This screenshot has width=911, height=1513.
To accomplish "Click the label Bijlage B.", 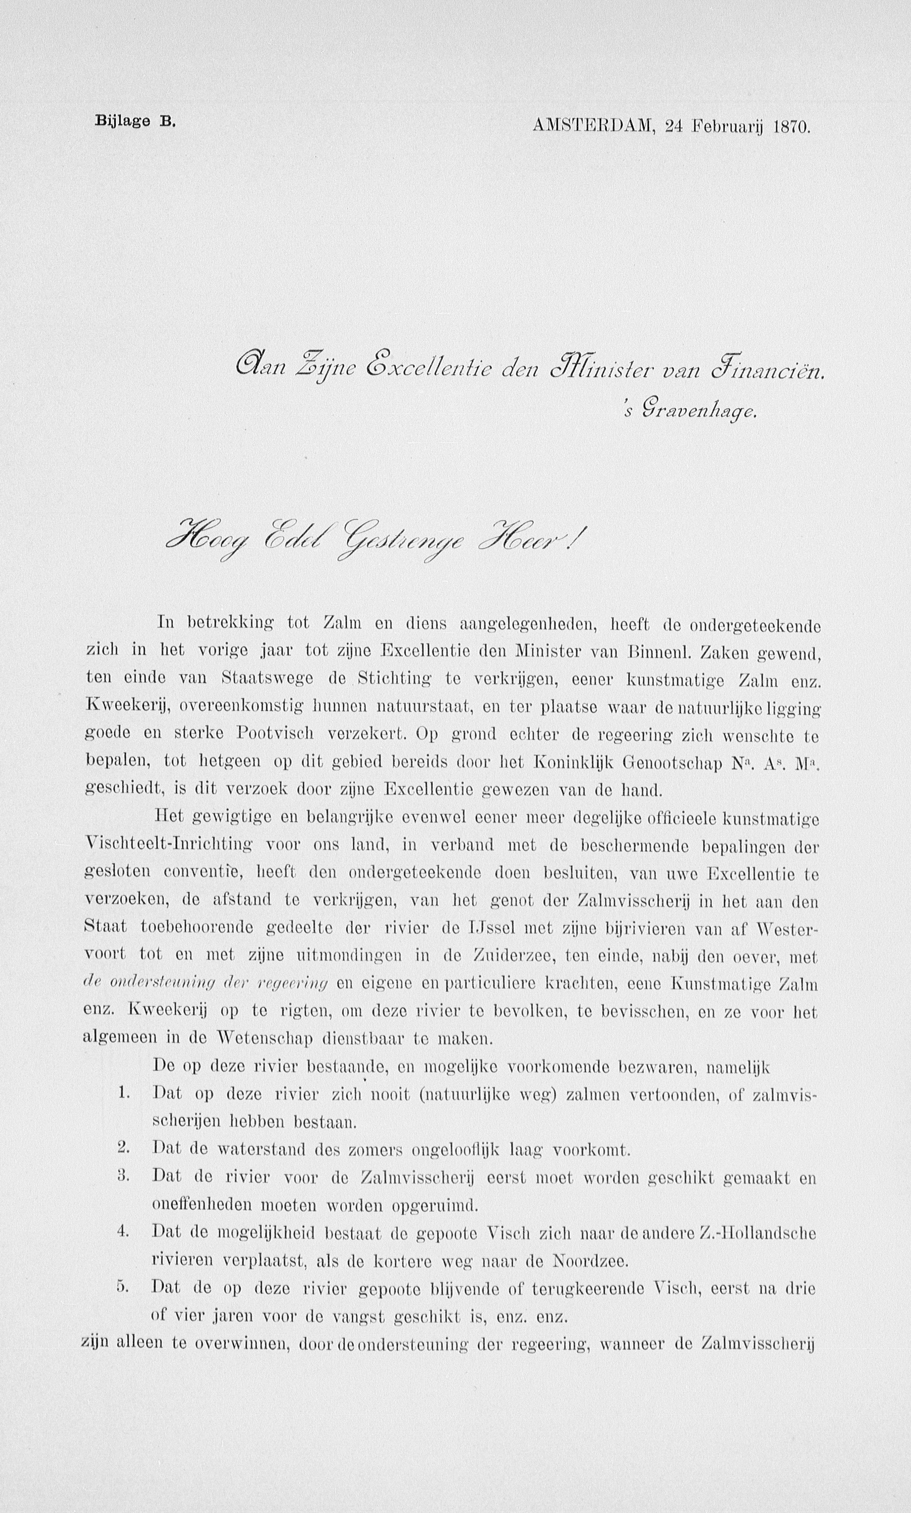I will [135, 121].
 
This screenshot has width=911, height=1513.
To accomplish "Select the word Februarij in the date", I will [729, 127].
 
